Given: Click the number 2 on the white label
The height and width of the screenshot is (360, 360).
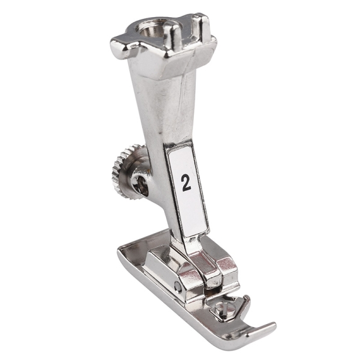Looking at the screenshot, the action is (186, 183).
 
